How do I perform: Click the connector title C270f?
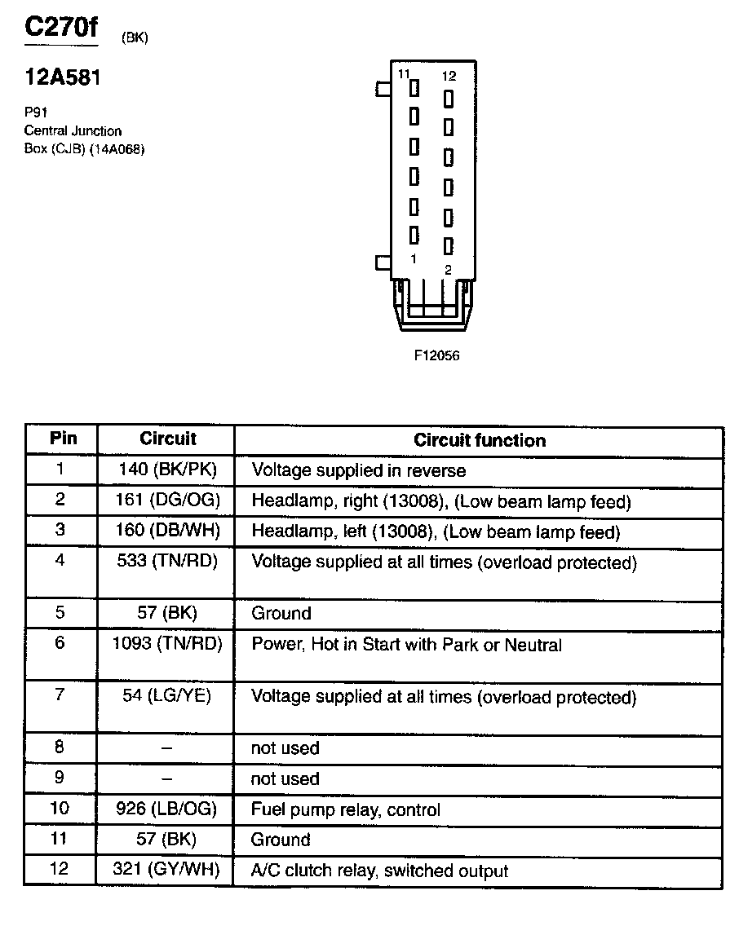60,28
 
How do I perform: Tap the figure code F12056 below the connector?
436,355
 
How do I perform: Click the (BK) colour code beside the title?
135,37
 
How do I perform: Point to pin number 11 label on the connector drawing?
404,74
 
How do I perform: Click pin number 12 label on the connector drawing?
449,76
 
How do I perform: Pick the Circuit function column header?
479,441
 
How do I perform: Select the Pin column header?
63,439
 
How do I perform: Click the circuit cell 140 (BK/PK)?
166,470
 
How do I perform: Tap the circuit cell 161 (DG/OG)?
166,500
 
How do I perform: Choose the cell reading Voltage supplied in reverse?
359,470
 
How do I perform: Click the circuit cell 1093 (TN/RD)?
166,644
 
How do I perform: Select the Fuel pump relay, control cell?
346,810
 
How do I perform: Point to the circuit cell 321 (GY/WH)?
166,870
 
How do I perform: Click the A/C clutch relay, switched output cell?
380,871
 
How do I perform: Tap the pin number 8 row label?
60,747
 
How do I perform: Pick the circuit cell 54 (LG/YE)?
166,696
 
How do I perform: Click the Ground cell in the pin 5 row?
281,613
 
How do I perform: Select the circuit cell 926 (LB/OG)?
166,809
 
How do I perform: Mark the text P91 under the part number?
36,112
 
